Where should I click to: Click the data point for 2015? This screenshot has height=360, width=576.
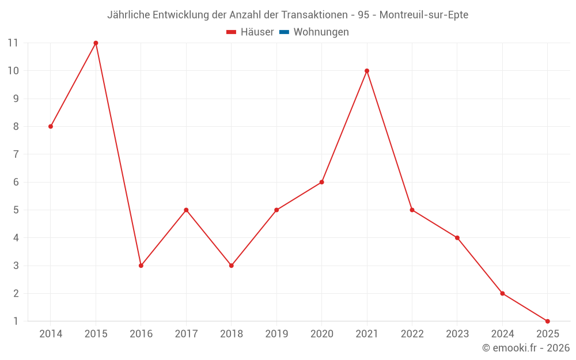coord(96,43)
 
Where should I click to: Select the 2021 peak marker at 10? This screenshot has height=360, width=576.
coord(367,71)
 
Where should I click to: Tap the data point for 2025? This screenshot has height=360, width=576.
coord(547,321)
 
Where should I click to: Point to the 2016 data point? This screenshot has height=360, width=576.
coord(141,266)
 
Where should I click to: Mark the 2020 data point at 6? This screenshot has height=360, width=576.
coord(321,182)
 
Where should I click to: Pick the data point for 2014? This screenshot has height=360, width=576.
coord(51,126)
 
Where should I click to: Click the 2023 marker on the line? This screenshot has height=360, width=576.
coord(457,238)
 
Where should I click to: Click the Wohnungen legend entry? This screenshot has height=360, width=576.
coord(321,32)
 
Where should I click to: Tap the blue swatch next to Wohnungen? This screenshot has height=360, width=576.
coord(284,32)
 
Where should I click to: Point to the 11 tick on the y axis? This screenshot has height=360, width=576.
coord(13,43)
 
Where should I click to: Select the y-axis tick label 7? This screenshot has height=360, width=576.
coord(16,154)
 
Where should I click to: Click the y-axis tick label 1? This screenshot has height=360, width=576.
coord(16,321)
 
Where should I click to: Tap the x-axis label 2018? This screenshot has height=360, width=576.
coord(231,334)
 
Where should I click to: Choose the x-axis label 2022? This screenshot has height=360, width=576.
coord(412,334)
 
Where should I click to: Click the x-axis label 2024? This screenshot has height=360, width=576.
coord(502,334)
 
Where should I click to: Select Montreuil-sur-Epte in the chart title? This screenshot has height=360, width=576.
coord(424,15)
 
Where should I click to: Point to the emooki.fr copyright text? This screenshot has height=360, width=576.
coord(526,348)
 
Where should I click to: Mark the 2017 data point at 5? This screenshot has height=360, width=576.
coord(186,210)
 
